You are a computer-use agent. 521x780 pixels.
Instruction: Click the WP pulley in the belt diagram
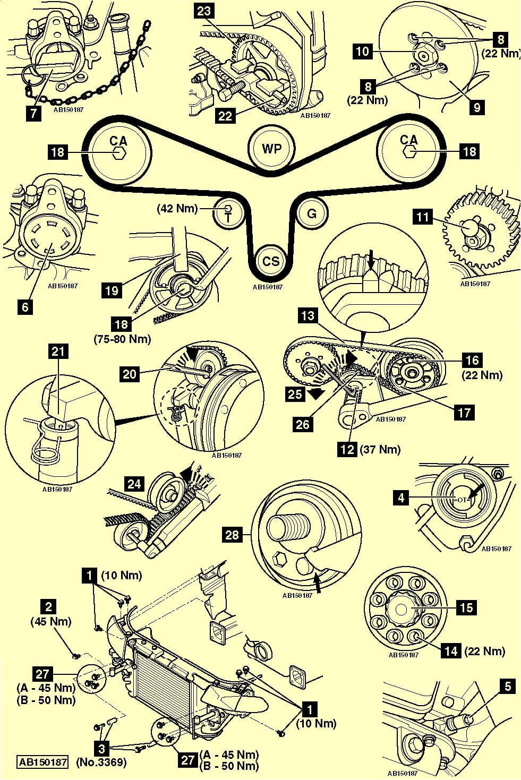coord(271,148)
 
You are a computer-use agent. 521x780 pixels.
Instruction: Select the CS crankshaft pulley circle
coord(271,261)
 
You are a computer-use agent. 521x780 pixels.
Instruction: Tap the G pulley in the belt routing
coord(312,213)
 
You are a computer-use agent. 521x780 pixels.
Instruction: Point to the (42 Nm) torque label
coord(177,209)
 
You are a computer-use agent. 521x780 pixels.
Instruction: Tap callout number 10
coord(363,52)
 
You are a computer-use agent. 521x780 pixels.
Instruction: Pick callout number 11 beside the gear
coord(423,217)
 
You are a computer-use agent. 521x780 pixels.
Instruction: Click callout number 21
coord(59,350)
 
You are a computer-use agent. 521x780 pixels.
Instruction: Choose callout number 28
coord(233,534)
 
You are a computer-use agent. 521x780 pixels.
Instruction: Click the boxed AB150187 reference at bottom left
coord(43,762)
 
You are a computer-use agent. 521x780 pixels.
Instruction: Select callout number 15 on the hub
coord(466,607)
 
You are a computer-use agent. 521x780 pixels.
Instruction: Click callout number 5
coord(508,687)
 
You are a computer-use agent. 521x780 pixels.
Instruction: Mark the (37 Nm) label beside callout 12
coord(380,449)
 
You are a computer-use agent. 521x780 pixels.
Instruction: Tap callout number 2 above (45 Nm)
coord(49,607)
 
